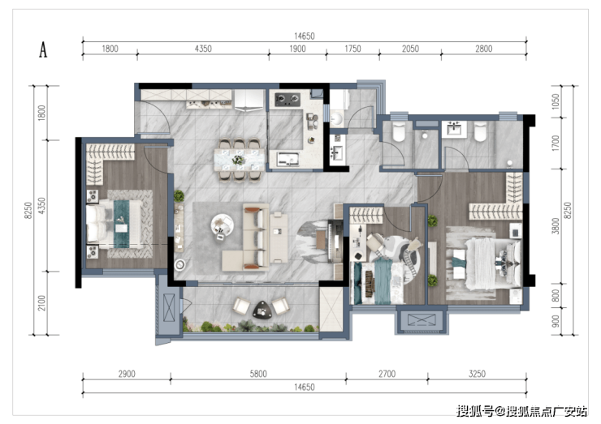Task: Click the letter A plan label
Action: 43,49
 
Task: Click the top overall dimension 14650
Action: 305,36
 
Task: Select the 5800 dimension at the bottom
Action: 258,374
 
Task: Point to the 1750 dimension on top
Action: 352,49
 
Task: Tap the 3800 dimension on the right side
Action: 556,225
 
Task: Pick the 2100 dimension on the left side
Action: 41,303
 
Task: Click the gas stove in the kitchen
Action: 287,100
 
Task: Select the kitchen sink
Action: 288,159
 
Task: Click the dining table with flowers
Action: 239,160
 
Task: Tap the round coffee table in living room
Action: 222,225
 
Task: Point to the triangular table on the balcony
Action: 262,310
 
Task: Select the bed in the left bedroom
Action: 114,224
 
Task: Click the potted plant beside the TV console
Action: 179,196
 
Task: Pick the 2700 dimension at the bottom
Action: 387,374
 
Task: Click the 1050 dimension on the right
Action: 556,101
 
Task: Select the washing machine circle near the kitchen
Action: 337,118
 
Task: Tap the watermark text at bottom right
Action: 521,411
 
